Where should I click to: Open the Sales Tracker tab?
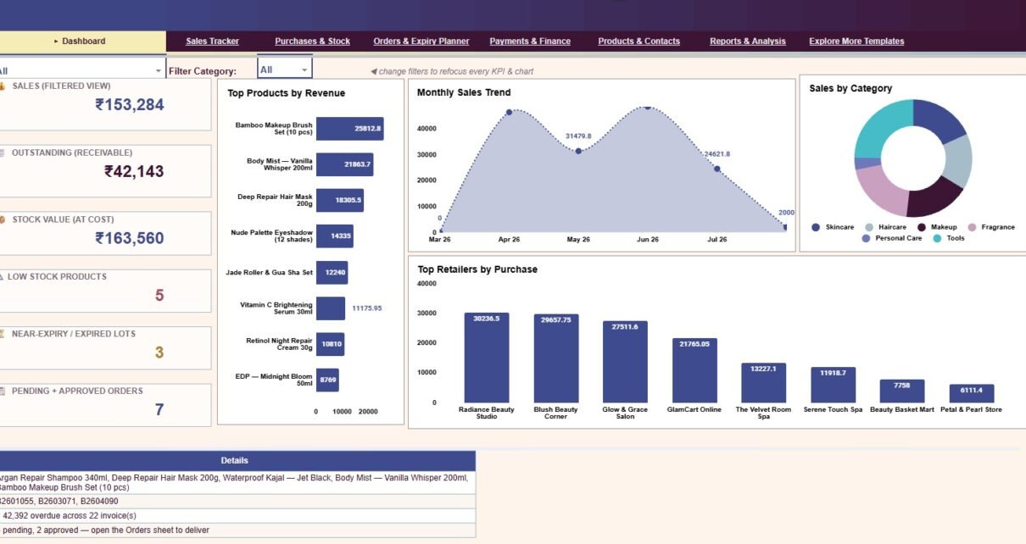[x=212, y=42]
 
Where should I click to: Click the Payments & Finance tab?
[x=530, y=42]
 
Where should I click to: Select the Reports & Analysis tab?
[x=748, y=42]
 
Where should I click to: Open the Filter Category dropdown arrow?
[x=304, y=70]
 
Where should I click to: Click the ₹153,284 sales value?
[x=129, y=105]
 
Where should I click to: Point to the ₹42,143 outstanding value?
[x=134, y=171]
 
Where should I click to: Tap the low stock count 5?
[x=159, y=296]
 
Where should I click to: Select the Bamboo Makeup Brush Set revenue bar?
[x=350, y=129]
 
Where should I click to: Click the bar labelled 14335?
[x=335, y=236]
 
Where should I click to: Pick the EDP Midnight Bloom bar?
[x=327, y=380]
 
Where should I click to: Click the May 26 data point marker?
[x=578, y=151]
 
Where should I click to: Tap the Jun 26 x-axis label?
[x=648, y=240]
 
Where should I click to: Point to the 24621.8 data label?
[x=717, y=154]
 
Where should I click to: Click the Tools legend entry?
[x=949, y=238]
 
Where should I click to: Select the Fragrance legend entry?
[x=991, y=227]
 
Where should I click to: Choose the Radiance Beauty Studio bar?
[x=487, y=358]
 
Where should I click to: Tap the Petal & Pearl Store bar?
[x=972, y=393]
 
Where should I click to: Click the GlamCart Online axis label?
[x=694, y=409]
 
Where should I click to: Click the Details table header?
[x=235, y=461]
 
